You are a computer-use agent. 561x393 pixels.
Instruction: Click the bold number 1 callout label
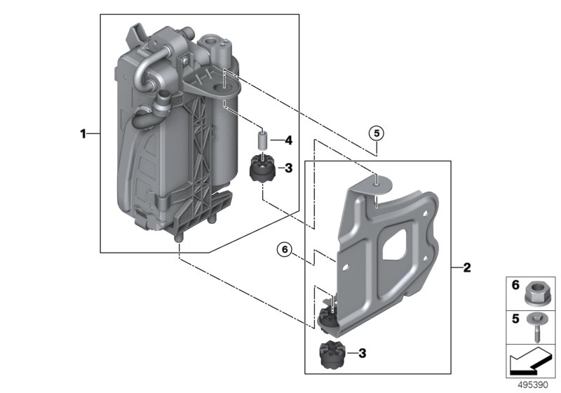coord(83,133)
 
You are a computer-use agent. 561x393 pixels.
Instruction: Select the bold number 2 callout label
coord(467,267)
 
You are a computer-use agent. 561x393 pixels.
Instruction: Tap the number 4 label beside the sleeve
coord(288,140)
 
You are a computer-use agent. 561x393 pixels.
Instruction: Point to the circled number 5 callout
coord(377,133)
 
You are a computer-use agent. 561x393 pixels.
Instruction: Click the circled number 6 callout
coord(284,248)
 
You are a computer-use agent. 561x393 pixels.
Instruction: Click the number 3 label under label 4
coord(288,168)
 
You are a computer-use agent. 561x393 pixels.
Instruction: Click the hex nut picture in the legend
coord(536,288)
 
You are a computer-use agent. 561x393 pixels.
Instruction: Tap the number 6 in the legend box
coord(514,286)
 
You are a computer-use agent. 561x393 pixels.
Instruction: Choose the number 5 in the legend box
coord(514,319)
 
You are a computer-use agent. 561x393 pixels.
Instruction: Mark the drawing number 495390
coord(535,385)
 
